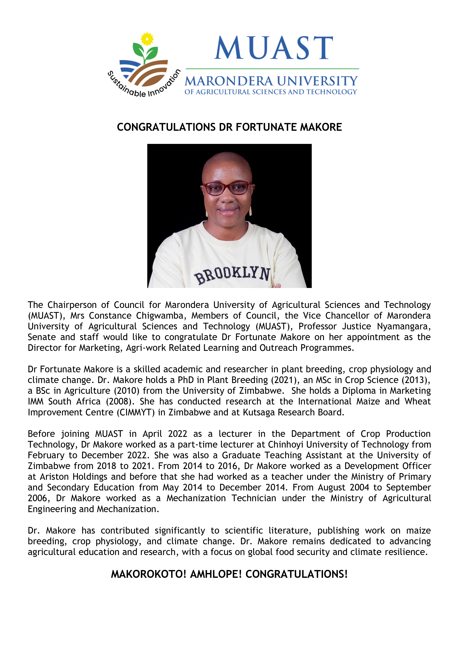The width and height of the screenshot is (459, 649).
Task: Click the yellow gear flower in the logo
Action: pos(147,39)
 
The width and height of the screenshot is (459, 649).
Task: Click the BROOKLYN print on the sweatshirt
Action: pos(232,275)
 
